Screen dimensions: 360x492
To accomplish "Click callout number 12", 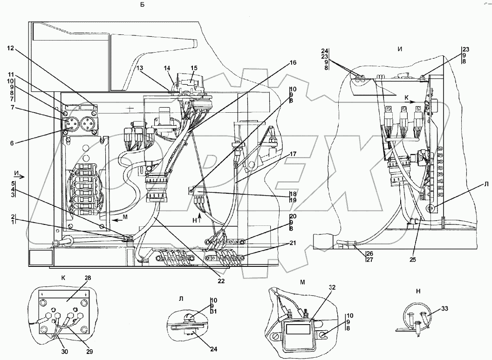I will click(10, 48).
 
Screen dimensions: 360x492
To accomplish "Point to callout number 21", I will click(293, 243).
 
